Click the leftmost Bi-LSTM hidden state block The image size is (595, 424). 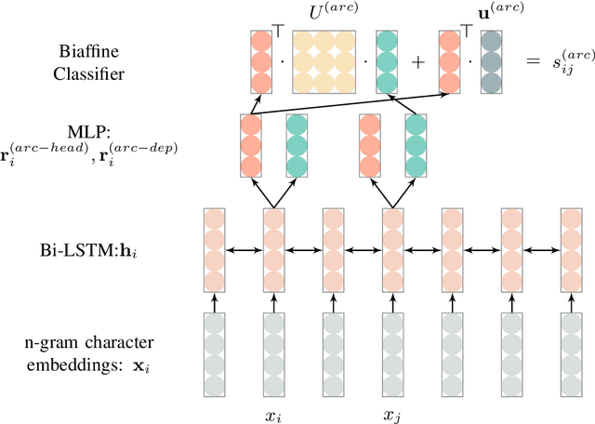pos(214,250)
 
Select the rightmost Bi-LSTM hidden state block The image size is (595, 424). pos(571,250)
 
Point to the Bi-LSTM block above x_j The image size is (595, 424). pos(392,250)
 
